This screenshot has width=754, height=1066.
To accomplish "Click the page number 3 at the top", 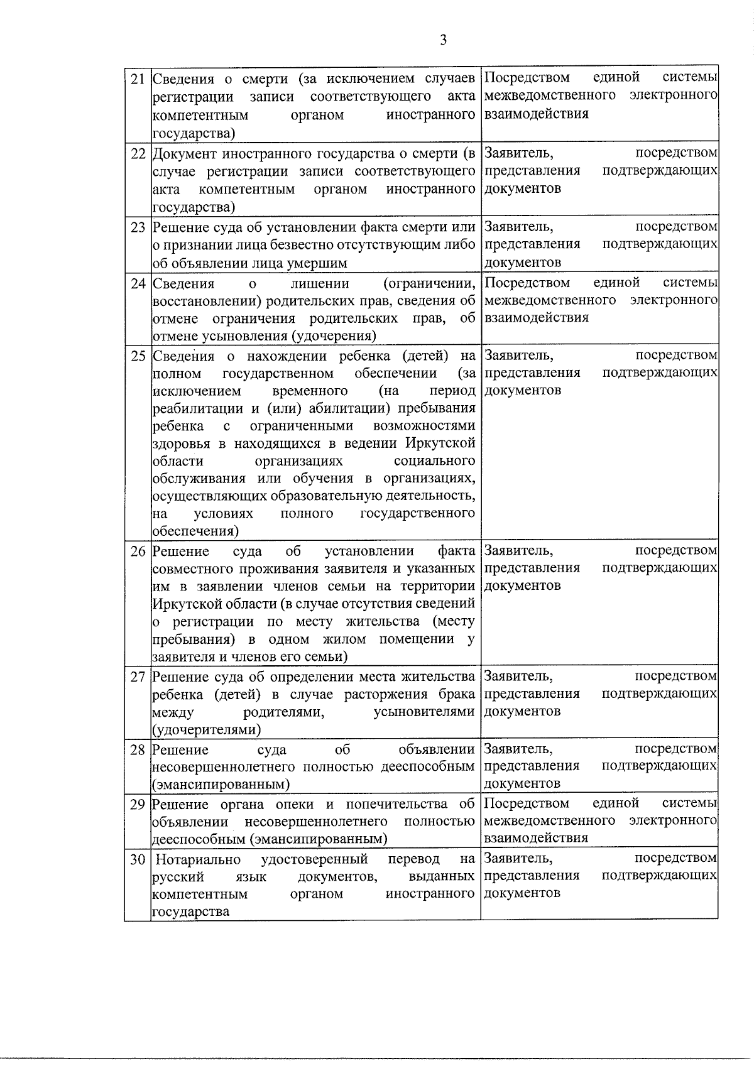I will [x=443, y=40].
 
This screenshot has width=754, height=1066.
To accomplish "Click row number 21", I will [x=138, y=79].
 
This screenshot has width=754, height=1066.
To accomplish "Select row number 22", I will [x=138, y=154].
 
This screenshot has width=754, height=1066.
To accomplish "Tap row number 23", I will [x=138, y=227].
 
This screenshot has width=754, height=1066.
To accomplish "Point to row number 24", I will [x=138, y=283].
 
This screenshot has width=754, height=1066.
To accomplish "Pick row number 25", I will [x=138, y=356].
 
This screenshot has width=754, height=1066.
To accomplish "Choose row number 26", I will [x=138, y=552].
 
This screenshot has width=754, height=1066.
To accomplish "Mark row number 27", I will [x=138, y=677].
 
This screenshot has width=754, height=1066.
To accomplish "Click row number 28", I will [x=138, y=750].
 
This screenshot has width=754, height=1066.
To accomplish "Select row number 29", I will [x=138, y=805].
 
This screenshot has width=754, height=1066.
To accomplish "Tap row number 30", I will [x=138, y=859].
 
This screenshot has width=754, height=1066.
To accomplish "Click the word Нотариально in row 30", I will [x=198, y=859].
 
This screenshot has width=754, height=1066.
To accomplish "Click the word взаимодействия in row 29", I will [x=536, y=838].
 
